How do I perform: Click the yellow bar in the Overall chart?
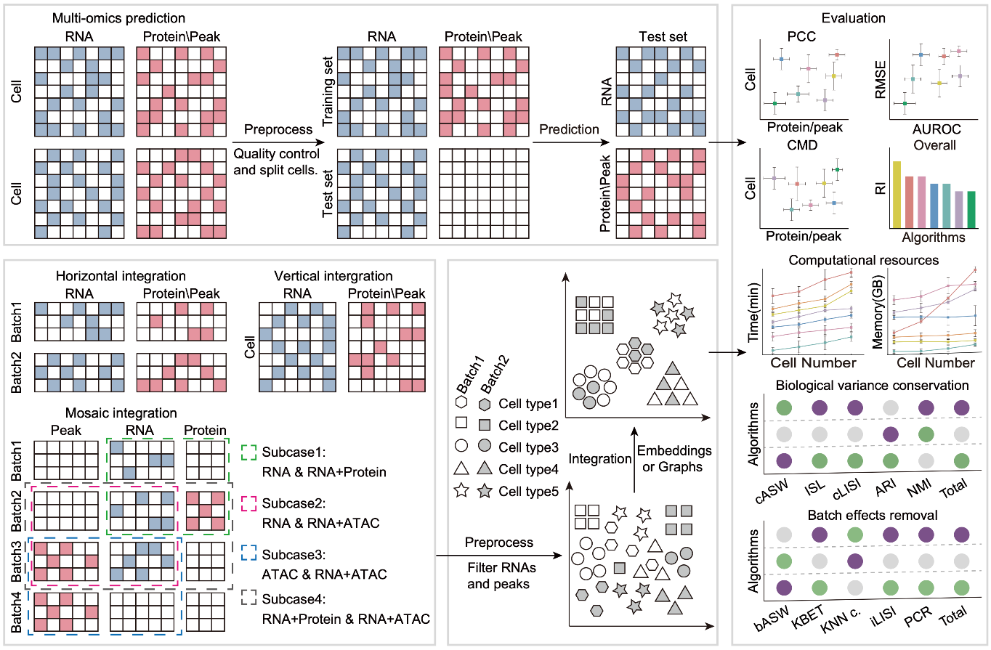897,194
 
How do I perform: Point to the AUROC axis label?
937,129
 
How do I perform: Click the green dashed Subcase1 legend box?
248,451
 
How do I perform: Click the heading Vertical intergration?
333,277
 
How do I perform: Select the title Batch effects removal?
862,514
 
